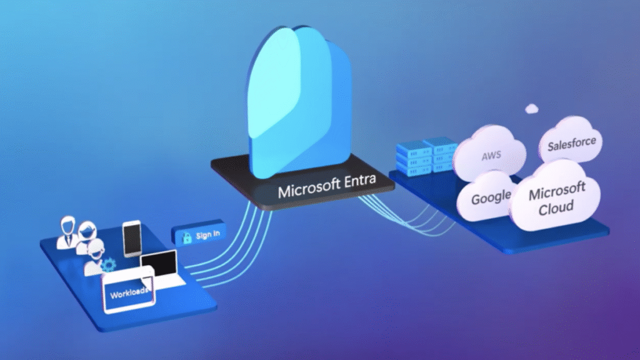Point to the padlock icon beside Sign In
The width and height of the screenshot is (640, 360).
(x=185, y=237)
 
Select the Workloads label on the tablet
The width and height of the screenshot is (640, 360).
(x=129, y=292)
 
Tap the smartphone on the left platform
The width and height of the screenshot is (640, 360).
(x=132, y=238)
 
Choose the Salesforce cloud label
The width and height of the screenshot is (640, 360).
(x=571, y=144)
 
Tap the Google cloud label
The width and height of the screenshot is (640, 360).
(x=491, y=199)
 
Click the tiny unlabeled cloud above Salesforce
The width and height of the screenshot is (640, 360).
(x=532, y=109)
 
